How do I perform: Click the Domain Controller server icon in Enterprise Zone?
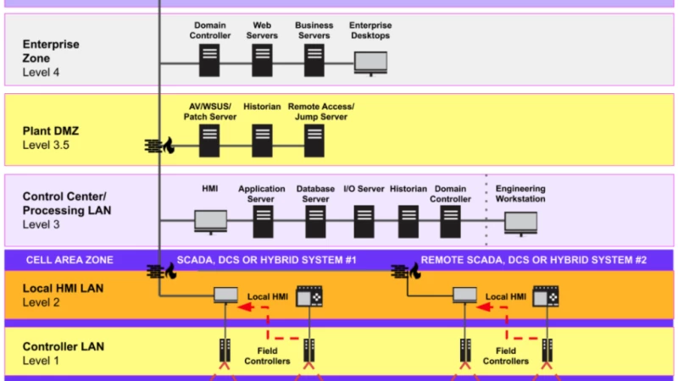(x=209, y=60)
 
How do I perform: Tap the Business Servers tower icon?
(x=314, y=60)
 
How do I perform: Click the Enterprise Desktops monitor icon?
(x=370, y=63)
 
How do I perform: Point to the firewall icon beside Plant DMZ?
(x=159, y=146)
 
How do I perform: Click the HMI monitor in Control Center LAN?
(x=210, y=222)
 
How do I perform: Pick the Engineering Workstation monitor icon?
(x=520, y=222)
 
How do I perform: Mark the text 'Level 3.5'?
(x=47, y=146)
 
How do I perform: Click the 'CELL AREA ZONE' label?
(x=69, y=260)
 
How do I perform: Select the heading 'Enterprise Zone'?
(x=51, y=51)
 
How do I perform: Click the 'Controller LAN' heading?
(x=62, y=346)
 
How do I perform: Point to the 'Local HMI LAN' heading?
(x=63, y=288)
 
